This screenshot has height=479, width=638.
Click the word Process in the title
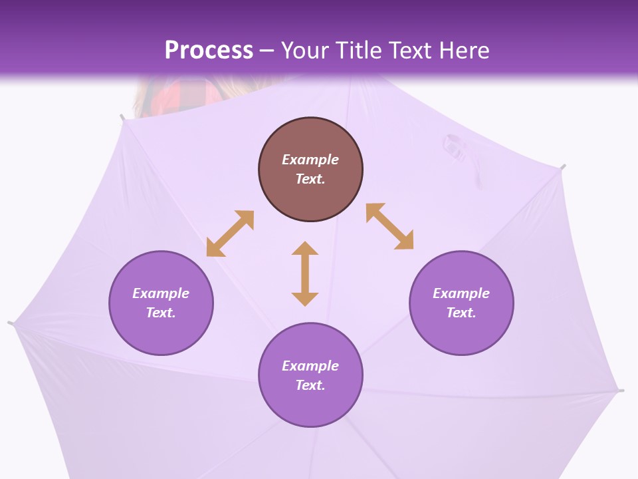click(209, 51)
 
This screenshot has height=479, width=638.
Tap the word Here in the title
click(463, 51)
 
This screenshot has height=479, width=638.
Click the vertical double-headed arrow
click(305, 273)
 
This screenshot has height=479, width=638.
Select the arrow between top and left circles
click(230, 234)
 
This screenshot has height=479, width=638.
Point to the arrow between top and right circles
click(390, 226)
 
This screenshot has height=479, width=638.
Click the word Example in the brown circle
click(310, 160)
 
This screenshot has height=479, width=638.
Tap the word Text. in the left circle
click(161, 313)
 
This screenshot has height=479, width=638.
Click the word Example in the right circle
click(461, 293)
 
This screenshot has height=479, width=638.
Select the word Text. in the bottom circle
click(310, 385)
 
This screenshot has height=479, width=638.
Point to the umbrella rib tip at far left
click(11, 323)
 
